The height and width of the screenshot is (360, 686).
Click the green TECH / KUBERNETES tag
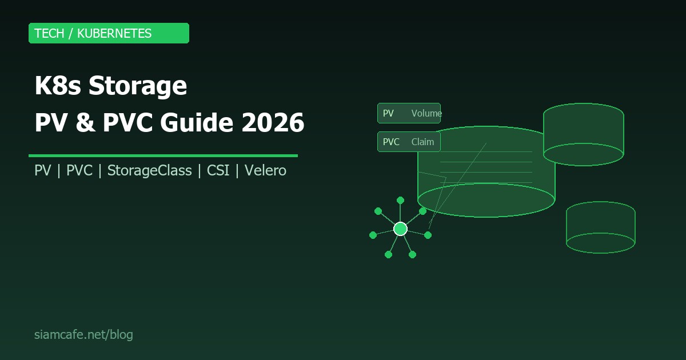tap(109, 33)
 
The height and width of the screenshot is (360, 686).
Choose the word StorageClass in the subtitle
tap(149, 170)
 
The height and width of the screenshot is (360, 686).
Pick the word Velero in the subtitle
tap(265, 170)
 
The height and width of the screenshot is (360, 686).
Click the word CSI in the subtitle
tap(217, 170)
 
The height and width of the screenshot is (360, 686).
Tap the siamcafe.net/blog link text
tap(83, 335)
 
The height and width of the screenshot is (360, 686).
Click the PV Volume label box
tap(409, 113)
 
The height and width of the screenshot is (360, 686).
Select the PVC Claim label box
tap(409, 142)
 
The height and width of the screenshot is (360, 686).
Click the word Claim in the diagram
tap(422, 142)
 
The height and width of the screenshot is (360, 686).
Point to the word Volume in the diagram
tap(426, 113)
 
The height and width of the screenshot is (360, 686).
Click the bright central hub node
tap(400, 229)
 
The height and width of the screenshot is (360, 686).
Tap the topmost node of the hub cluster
tap(400, 200)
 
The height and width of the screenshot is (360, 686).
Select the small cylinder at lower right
tap(600, 227)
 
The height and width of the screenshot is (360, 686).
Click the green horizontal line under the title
tap(163, 155)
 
